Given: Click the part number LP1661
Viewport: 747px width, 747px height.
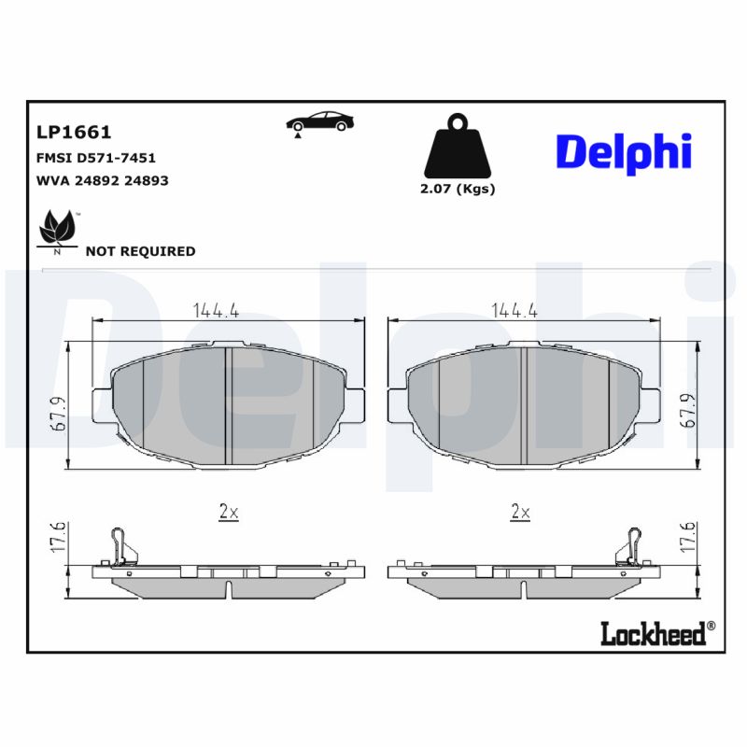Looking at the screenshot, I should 74,134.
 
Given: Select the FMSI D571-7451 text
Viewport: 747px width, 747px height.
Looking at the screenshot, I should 96,158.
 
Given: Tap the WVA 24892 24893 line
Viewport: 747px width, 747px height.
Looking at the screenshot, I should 103,181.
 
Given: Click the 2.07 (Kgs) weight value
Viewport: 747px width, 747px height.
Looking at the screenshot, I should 457,189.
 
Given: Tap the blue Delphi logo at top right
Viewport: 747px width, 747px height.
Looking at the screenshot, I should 624,150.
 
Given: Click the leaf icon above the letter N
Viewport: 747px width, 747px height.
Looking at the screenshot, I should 56,228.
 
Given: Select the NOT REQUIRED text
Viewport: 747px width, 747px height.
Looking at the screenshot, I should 140,251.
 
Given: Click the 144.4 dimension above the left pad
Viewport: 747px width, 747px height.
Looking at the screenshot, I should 216,310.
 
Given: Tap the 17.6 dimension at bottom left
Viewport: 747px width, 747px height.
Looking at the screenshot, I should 57,540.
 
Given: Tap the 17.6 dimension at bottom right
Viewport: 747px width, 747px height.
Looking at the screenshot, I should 689,540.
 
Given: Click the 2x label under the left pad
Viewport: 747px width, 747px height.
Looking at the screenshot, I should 229,511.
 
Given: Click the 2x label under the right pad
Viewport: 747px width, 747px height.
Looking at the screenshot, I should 520,511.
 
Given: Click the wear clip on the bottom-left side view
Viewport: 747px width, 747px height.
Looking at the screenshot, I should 120,545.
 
